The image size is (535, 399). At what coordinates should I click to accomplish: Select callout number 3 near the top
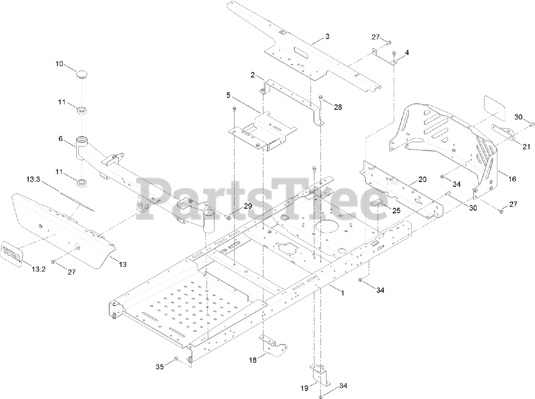[x=327, y=36]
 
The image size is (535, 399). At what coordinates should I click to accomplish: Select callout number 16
[x=512, y=179]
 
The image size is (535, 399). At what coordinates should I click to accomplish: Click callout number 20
[x=423, y=179]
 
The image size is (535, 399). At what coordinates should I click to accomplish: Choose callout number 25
[x=396, y=211]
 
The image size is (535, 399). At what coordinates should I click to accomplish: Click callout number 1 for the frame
[x=342, y=293]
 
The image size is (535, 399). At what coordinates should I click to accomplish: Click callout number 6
[x=61, y=139]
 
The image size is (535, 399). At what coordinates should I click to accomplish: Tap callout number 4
[x=407, y=53]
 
